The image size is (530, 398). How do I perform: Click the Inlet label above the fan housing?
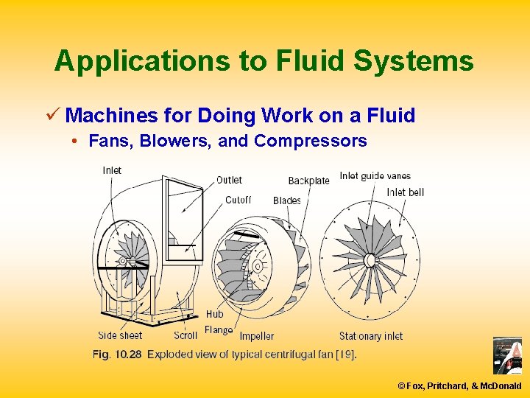point(112,170)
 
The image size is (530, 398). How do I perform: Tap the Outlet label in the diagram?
point(229,180)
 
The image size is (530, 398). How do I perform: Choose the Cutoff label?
point(238,200)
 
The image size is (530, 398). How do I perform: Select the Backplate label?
point(308,181)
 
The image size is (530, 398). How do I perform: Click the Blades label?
point(286,200)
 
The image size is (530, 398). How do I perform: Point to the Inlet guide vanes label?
point(375,175)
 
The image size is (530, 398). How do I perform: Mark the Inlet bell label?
point(405,192)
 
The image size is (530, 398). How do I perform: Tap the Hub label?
point(214,315)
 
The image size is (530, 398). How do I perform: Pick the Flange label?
point(219,330)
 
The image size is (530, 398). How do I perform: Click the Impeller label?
point(256,336)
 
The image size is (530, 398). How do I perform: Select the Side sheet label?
point(120,336)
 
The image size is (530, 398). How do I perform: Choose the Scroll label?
point(185,336)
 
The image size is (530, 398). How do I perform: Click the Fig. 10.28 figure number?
point(116,355)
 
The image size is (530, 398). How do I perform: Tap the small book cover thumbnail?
point(506,355)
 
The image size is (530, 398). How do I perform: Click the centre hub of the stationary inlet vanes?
point(370,259)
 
